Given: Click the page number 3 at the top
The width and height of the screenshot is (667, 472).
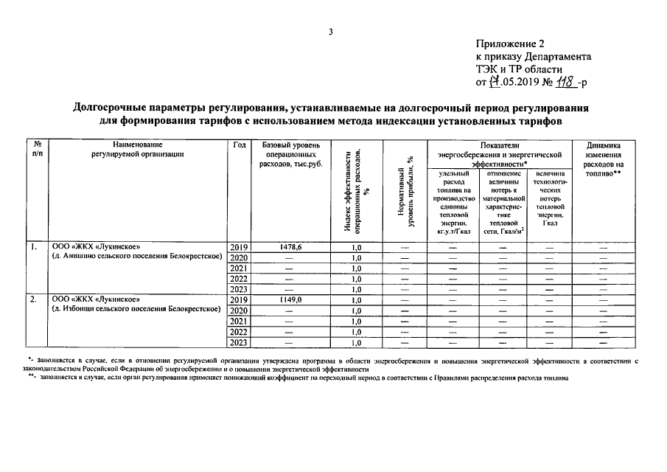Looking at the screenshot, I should point(331,32).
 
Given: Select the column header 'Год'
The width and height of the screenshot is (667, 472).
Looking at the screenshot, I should point(239,145).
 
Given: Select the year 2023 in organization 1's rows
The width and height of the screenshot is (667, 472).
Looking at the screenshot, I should point(239,290).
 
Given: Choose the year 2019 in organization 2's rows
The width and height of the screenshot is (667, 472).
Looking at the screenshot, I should point(239,300).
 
